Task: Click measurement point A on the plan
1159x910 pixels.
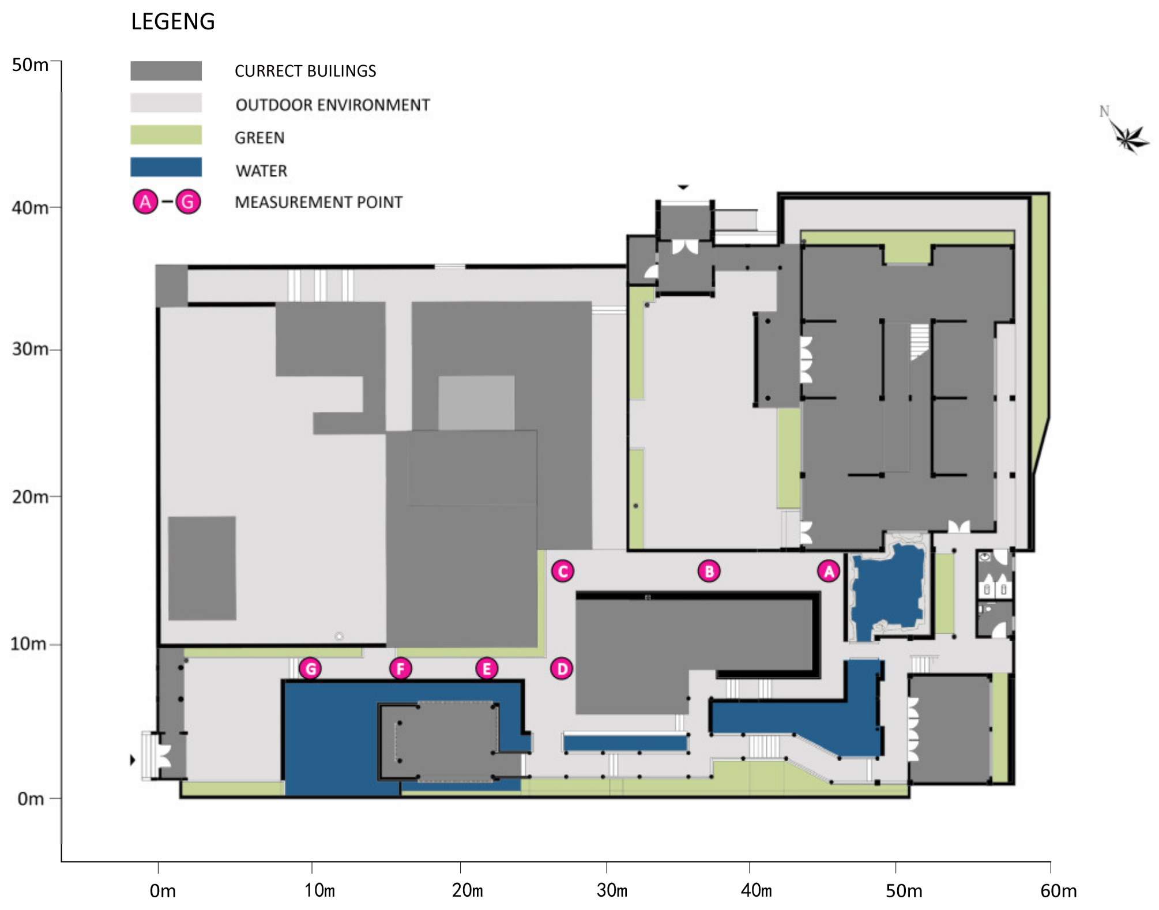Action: (828, 571)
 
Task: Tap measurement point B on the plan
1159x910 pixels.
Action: (709, 571)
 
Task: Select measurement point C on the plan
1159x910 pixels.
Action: (562, 571)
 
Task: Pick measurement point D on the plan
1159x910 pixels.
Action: (561, 669)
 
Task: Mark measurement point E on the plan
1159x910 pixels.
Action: (486, 669)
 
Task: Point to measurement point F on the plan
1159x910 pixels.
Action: (400, 669)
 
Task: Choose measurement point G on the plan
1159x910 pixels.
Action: (310, 669)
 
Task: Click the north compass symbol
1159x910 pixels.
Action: (1127, 135)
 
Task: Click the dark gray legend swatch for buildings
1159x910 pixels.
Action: (166, 71)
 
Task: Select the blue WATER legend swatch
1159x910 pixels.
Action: (166, 167)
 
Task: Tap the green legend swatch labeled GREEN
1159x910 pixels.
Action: (166, 135)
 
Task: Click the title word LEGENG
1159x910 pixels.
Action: (173, 22)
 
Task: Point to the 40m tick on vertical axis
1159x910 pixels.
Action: (55, 207)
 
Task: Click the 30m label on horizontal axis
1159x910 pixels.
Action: (612, 890)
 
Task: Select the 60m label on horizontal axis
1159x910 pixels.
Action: (1058, 890)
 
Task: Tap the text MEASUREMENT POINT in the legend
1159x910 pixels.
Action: (318, 202)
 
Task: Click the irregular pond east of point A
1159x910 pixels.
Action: (888, 591)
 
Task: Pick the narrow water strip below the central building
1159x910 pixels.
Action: (625, 743)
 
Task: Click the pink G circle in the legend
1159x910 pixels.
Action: (188, 202)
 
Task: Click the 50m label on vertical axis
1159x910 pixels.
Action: (30, 65)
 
